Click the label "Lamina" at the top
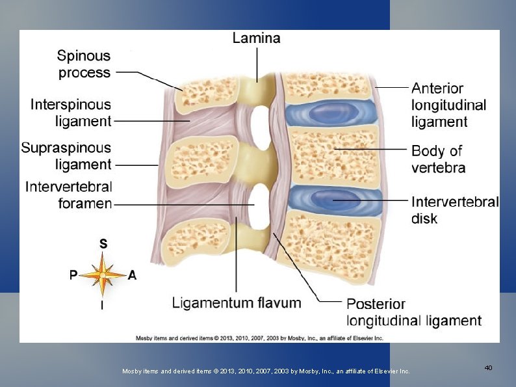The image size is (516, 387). tap(256, 38)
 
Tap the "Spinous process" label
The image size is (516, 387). tap(84, 64)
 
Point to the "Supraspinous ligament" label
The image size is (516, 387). tap(66, 156)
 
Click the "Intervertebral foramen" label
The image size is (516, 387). tap(69, 195)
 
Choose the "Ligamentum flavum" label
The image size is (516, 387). tap(237, 302)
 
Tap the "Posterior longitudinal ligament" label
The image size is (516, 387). tap(414, 312)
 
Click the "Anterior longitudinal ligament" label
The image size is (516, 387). tap(448, 105)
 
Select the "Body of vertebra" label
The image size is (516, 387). tap(438, 159)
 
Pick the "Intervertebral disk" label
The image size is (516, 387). tap(455, 209)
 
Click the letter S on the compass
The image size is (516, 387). tap(103, 243)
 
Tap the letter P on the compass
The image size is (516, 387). tap(74, 275)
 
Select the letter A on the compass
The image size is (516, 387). tap(132, 275)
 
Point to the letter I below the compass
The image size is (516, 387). tap(102, 304)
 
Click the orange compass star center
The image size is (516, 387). tap(103, 275)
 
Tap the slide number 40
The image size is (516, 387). tap(488, 368)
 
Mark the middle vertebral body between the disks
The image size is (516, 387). tap(333, 155)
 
